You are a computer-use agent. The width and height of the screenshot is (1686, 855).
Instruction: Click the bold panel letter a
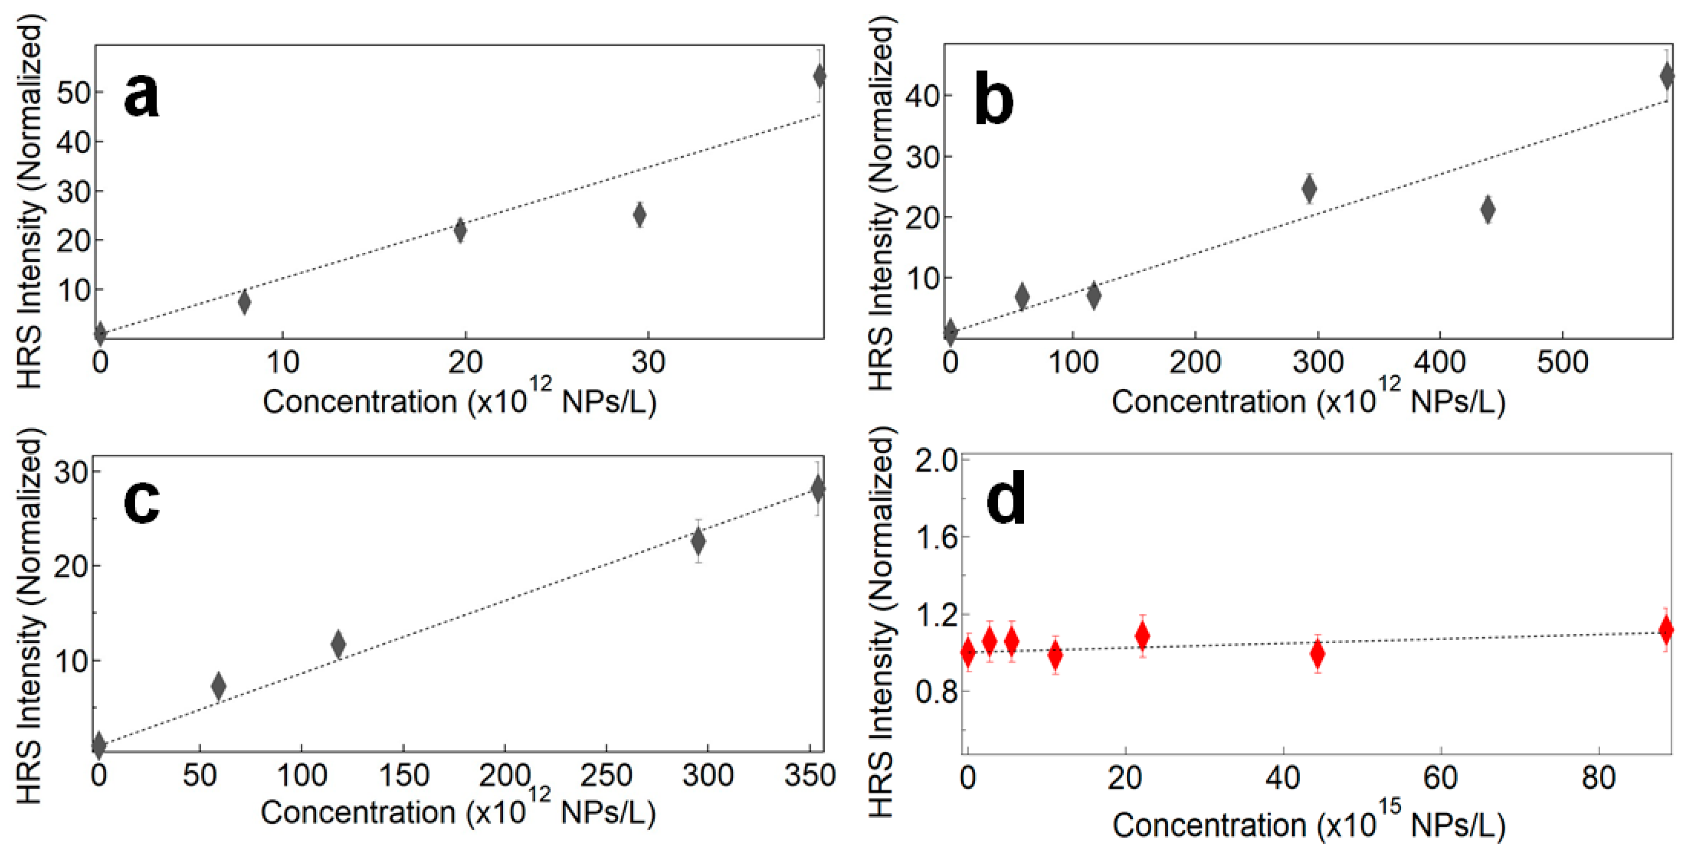(141, 96)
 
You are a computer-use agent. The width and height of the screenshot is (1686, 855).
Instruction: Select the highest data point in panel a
(819, 77)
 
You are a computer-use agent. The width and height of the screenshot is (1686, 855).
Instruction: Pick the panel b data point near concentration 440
(1488, 209)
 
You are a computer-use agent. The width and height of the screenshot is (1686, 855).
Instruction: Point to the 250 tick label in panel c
(606, 776)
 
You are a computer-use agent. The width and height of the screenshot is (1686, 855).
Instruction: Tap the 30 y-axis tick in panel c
(71, 472)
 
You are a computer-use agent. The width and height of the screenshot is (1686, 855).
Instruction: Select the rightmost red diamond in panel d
(1666, 630)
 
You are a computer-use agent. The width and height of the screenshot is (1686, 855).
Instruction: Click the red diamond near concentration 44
(1318, 654)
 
